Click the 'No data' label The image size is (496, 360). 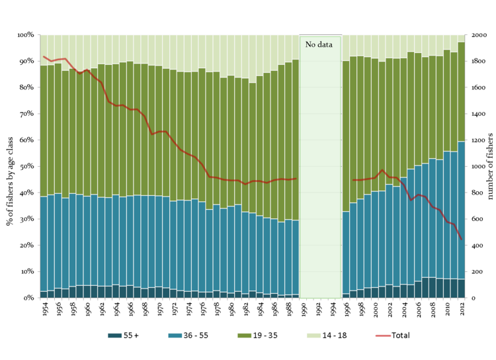(320, 44)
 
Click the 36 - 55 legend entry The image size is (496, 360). (194, 336)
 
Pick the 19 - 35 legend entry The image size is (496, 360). (263, 336)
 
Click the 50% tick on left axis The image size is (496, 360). (26, 166)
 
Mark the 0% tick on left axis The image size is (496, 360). (28, 298)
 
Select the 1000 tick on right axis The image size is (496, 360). (476, 166)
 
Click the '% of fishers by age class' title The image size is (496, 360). (10, 166)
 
